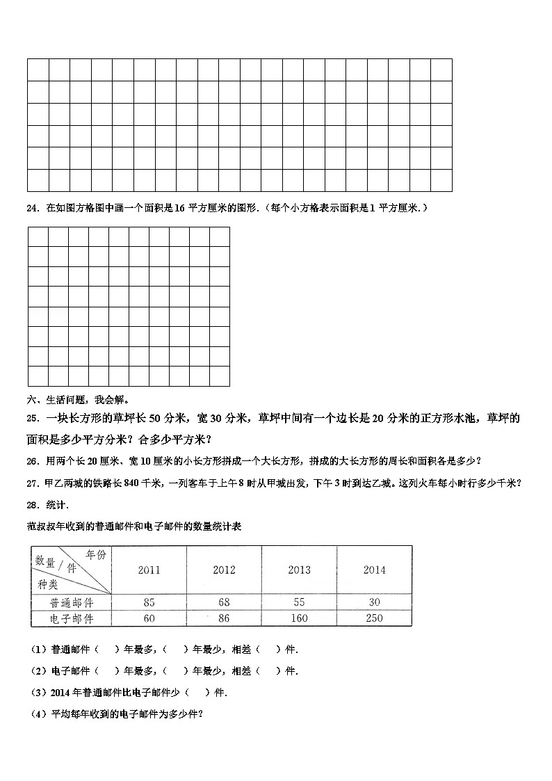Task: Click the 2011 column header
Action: tap(149, 570)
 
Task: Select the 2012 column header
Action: tap(224, 570)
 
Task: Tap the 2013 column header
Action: tap(299, 570)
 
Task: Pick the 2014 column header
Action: tap(374, 570)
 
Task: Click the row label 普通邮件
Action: tap(71, 602)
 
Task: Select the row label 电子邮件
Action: tap(71, 618)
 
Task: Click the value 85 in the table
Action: tap(149, 602)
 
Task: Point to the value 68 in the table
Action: tap(224, 602)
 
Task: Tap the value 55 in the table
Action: tap(299, 602)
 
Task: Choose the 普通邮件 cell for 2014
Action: tap(374, 602)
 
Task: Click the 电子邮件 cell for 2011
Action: tap(149, 618)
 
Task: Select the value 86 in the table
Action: tap(224, 618)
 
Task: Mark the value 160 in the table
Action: tap(299, 618)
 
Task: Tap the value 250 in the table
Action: tap(374, 618)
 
